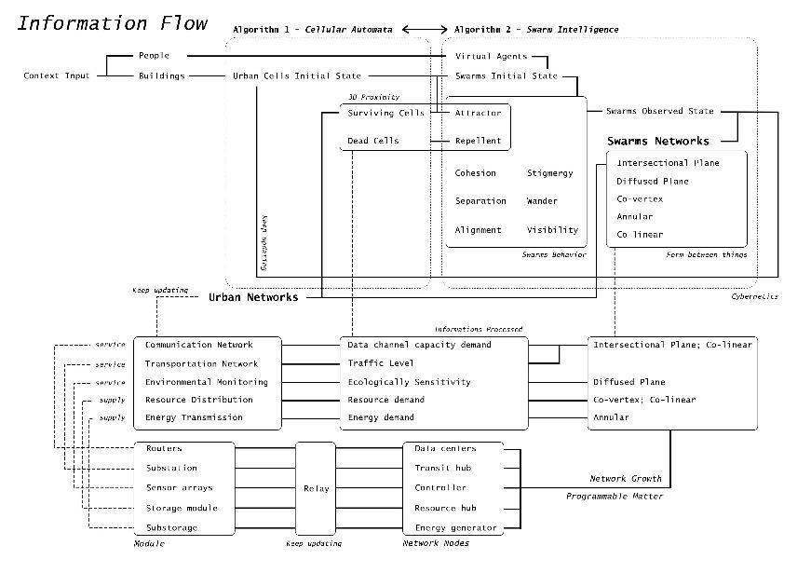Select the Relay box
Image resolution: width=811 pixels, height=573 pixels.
pyautogui.click(x=316, y=487)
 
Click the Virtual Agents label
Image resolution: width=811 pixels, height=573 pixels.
pyautogui.click(x=492, y=56)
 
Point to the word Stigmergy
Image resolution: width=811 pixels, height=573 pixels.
pyautogui.click(x=549, y=173)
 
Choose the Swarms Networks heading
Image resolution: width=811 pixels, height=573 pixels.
pyautogui.click(x=657, y=141)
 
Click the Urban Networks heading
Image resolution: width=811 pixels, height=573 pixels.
pyautogui.click(x=253, y=297)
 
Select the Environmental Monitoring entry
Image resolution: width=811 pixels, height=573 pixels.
pyautogui.click(x=206, y=382)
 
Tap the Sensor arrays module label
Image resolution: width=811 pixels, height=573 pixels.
pyautogui.click(x=179, y=487)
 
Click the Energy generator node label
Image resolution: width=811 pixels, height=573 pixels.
pyautogui.click(x=455, y=528)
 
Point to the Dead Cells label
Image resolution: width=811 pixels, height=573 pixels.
pyautogui.click(x=372, y=141)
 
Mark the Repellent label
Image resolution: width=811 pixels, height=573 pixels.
pyautogui.click(x=478, y=141)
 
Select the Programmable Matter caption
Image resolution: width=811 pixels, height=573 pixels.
pyautogui.click(x=615, y=497)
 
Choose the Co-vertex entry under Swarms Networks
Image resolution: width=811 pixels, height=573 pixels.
pyautogui.click(x=637, y=199)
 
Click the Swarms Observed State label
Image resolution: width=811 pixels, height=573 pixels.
pyautogui.click(x=659, y=111)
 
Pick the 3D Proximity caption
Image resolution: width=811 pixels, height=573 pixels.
pyautogui.click(x=368, y=97)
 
